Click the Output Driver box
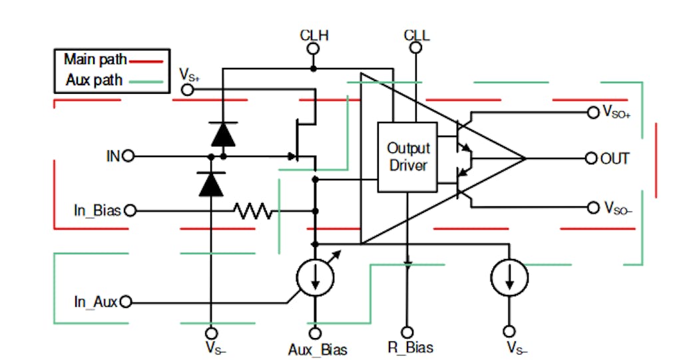tap(407, 157)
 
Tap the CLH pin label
tap(314, 35)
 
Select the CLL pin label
tap(417, 35)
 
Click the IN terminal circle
tap(128, 156)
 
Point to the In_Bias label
tap(97, 210)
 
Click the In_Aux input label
tap(95, 302)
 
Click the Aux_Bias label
tap(318, 349)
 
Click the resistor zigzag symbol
tap(253, 211)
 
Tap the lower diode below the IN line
tap(211, 182)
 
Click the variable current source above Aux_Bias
tap(314, 278)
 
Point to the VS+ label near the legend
tap(189, 75)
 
